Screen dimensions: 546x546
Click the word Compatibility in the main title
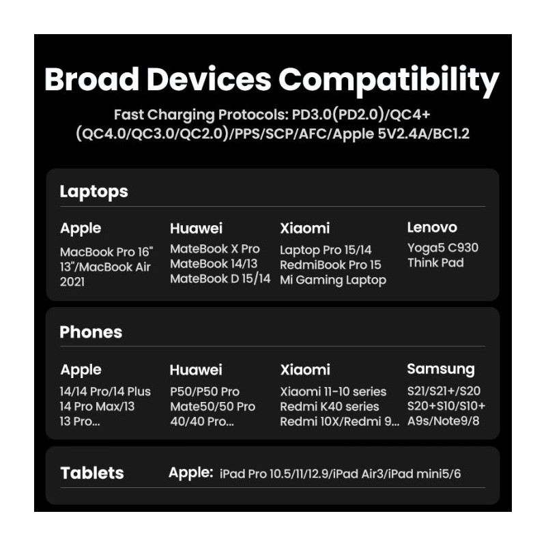389,81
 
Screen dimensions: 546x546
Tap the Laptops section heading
94,192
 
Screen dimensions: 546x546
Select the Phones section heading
91,332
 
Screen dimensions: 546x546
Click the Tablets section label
92,473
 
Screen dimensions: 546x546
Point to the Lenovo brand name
432,227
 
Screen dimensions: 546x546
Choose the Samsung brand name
441,369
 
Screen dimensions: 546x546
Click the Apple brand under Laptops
81,229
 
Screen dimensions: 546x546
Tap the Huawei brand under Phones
196,370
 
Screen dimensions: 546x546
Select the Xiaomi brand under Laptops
304,229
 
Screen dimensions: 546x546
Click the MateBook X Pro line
215,249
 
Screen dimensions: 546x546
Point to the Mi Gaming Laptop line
333,281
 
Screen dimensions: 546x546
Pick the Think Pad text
435,263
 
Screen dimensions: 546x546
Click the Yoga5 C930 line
442,248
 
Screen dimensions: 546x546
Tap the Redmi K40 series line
330,406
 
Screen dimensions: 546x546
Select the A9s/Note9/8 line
443,421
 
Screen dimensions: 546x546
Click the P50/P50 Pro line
205,392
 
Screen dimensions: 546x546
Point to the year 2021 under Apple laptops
72,282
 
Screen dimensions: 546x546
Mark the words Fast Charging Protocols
201,115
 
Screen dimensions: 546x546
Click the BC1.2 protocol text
451,134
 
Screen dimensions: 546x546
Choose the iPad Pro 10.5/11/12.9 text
274,474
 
